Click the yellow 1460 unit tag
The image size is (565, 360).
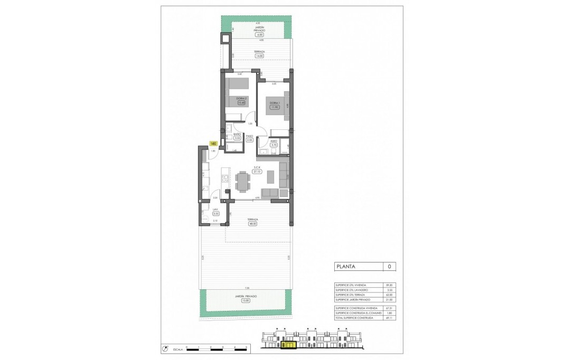click(x=213, y=143)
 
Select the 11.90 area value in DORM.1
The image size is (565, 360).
click(x=274, y=107)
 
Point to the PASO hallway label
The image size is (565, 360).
click(x=250, y=136)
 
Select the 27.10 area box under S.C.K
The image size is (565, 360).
click(x=258, y=172)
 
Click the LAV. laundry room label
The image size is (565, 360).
click(x=215, y=209)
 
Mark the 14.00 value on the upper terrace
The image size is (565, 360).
click(x=258, y=55)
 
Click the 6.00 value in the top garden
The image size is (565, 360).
click(x=258, y=34)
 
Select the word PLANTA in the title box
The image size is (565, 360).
click(x=346, y=267)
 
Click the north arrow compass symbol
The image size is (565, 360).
click(x=165, y=348)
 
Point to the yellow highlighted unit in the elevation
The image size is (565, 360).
click(x=289, y=346)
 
